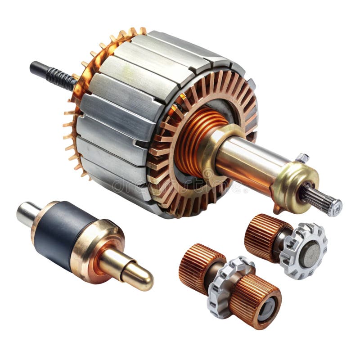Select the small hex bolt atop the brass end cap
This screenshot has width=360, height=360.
click(x=302, y=158)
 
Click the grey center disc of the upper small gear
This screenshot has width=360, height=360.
click(x=310, y=253)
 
